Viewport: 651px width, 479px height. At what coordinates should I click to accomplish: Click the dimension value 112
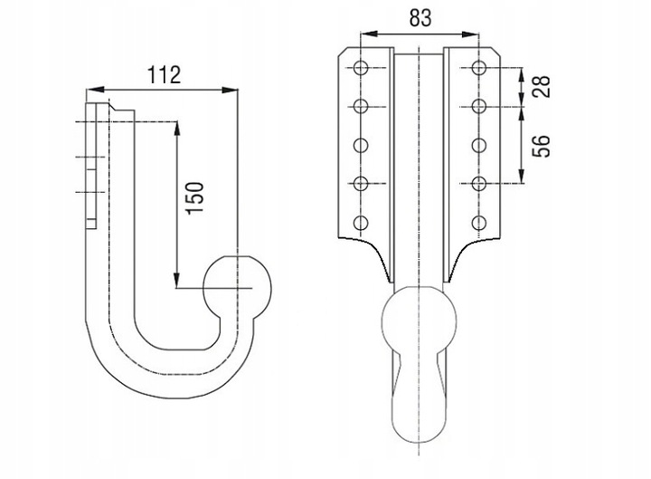tap(165, 75)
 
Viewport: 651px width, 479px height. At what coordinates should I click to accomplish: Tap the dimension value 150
tap(195, 198)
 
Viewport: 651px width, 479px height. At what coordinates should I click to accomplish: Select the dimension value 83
tap(420, 18)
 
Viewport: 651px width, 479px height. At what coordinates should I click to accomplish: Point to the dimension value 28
tap(542, 87)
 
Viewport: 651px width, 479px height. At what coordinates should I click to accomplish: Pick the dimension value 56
tap(542, 146)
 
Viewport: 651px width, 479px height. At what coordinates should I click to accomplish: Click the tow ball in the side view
tap(237, 288)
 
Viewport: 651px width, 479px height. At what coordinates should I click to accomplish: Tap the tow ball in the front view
tap(419, 320)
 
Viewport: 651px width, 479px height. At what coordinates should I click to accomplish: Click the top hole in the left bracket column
tap(361, 68)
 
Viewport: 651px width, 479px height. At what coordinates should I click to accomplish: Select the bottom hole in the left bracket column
tap(361, 224)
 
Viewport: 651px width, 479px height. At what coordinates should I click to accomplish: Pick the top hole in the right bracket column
tap(479, 68)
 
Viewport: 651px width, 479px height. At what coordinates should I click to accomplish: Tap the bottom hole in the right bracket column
tap(479, 224)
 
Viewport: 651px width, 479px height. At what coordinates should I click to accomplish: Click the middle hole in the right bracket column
tap(479, 146)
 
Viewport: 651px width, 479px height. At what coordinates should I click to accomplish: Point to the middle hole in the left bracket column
tap(361, 146)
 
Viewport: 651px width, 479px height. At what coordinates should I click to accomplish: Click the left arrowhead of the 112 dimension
tap(94, 90)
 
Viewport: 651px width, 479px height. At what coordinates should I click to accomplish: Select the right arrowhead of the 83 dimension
tap(470, 34)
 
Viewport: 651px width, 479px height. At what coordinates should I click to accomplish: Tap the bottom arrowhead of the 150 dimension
tap(177, 280)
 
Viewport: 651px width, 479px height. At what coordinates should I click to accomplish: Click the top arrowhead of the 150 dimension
tap(177, 129)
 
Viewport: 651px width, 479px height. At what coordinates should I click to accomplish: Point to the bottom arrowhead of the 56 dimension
tap(522, 175)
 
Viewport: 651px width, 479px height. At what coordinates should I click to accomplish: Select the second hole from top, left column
tap(361, 107)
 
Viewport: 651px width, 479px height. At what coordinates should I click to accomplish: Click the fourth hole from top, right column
tap(479, 184)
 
